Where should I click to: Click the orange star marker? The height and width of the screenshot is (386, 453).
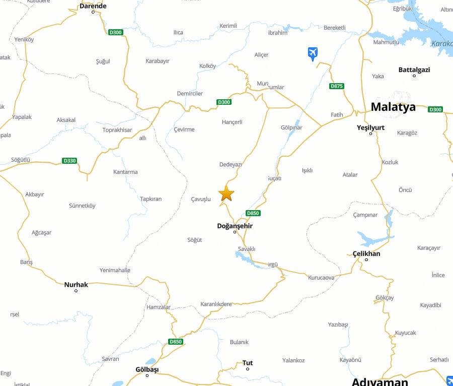226,193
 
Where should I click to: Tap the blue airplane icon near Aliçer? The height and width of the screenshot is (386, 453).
313,52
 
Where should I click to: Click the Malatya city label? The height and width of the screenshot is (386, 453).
393,107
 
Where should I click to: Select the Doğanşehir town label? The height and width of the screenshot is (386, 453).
235,226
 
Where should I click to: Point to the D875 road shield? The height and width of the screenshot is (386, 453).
337,86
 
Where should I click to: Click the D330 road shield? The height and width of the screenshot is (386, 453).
69,161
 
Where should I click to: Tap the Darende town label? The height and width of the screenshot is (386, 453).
93,6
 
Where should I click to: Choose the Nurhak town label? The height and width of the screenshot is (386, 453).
76,285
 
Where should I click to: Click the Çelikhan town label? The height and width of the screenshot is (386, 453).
366,253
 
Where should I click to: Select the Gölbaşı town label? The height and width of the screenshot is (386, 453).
147,369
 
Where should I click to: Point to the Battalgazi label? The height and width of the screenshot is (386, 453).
414,70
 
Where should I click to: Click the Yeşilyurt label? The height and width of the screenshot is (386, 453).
370,127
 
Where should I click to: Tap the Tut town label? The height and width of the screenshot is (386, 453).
248,363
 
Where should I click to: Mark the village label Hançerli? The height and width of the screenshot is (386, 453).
232,122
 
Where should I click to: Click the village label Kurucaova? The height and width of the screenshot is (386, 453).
321,278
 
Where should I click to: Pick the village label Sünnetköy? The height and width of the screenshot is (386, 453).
82,206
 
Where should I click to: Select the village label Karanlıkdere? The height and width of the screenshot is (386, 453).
216,304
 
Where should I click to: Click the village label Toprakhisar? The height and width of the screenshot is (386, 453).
117,130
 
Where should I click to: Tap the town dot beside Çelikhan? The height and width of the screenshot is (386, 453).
366,260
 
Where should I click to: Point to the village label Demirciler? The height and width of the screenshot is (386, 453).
190,93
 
